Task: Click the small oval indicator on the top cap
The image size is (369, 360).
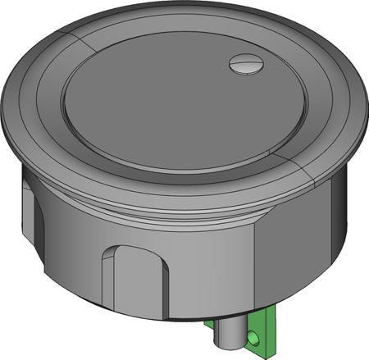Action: point(244,63)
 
